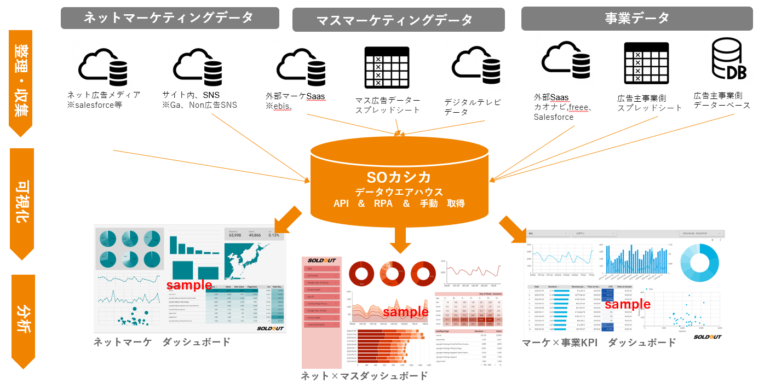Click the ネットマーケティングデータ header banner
(169, 18)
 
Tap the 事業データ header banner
(637, 19)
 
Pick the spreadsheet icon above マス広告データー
(387, 67)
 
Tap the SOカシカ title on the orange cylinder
(399, 177)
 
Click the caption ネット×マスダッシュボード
(364, 376)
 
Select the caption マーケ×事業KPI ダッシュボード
(599, 343)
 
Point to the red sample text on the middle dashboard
(405, 312)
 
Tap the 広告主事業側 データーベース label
(722, 100)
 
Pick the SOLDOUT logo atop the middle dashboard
(322, 260)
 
